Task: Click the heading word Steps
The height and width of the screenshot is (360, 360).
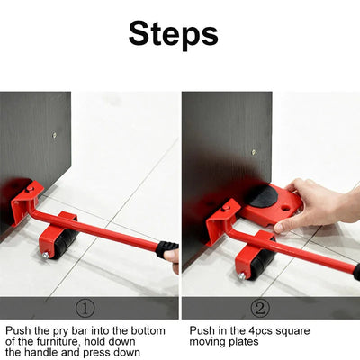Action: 174,34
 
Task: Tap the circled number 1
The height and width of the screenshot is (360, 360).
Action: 85,309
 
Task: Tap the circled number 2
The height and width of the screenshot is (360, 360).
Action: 260,309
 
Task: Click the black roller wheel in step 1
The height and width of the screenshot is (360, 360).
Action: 66,242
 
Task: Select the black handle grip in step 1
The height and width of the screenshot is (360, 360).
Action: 166,249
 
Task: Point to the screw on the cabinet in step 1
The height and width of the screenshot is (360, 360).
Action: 54,135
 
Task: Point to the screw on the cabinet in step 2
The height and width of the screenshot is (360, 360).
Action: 254,152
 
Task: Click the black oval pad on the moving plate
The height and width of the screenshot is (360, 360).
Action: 264,196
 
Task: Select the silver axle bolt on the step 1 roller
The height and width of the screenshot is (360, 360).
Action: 45,255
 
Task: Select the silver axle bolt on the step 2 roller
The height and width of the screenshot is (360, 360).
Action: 242,275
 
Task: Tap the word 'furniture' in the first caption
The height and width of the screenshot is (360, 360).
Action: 58,342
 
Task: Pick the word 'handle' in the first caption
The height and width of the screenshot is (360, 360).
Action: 40,352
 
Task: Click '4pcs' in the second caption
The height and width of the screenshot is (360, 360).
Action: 260,331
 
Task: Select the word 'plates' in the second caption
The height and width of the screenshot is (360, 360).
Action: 243,342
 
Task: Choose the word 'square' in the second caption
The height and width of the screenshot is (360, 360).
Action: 292,332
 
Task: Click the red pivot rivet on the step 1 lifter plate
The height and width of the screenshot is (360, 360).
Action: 30,189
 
